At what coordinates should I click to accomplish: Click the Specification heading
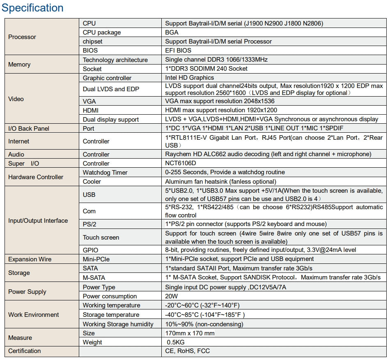pyautogui.click(x=33, y=8)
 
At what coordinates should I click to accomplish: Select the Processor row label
pyautogui.click(x=22, y=37)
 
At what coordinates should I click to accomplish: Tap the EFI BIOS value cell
pyautogui.click(x=178, y=51)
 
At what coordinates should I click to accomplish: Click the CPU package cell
pyautogui.click(x=102, y=32)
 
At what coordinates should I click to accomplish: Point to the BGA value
pyautogui.click(x=172, y=32)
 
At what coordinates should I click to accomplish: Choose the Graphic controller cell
pyautogui.click(x=107, y=78)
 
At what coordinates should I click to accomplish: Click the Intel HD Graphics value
pyautogui.click(x=189, y=78)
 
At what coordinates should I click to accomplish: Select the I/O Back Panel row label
pyautogui.click(x=29, y=129)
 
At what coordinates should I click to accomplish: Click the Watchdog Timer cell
pyautogui.click(x=105, y=173)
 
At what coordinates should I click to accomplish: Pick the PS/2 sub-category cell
pyautogui.click(x=90, y=224)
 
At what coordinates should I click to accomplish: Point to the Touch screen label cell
pyautogui.click(x=101, y=237)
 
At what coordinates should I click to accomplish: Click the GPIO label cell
pyautogui.click(x=90, y=250)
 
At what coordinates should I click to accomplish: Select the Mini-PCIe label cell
pyautogui.click(x=96, y=259)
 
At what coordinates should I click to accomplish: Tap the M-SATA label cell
pyautogui.click(x=94, y=277)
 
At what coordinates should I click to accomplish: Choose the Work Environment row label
pyautogui.click(x=34, y=315)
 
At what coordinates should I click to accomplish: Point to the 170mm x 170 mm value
pyautogui.click(x=190, y=333)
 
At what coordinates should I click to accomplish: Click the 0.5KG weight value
pyautogui.click(x=175, y=342)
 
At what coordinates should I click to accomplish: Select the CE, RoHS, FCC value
pyautogui.click(x=187, y=351)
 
